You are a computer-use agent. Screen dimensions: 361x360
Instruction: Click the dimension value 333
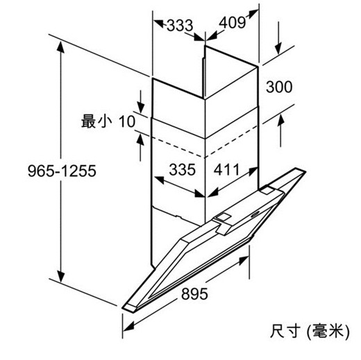coord(180,25)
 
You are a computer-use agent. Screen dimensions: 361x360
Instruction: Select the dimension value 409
coord(232,23)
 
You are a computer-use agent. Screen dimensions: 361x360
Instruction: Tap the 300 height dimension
coord(279,87)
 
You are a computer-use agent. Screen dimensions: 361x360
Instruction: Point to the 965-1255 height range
coord(62,171)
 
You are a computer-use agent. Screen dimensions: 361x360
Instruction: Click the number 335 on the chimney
coord(183,169)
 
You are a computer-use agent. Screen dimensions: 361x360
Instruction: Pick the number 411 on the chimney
coord(226,169)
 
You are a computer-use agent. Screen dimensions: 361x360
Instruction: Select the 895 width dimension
coord(194,294)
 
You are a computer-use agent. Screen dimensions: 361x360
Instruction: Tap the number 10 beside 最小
coord(127,121)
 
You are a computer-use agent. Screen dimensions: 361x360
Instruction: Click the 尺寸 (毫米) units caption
coord(310,332)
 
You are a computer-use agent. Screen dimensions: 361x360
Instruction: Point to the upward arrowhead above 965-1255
coord(60,47)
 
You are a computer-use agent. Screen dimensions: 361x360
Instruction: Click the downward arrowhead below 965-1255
coord(60,277)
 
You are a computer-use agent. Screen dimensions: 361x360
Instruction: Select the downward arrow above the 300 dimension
coord(278,38)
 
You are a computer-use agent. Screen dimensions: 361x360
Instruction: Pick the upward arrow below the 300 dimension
coord(280,130)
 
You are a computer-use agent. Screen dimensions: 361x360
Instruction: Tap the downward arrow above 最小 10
coord(140,101)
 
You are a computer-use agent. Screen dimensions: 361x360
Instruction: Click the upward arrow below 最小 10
coord(140,148)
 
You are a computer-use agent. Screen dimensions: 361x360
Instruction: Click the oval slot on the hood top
coord(255,214)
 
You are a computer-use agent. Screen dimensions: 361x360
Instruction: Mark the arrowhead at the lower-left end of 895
coord(128,327)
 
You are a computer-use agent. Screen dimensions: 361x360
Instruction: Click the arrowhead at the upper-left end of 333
coord(159,24)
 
